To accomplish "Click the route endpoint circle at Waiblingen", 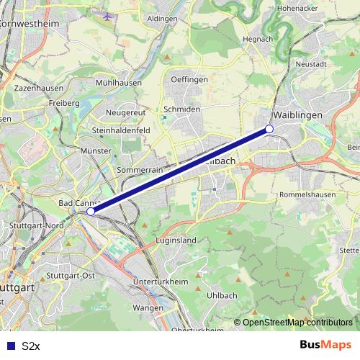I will coord(269,128).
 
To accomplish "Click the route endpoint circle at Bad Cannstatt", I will coord(91,212).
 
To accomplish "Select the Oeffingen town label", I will coord(190,79).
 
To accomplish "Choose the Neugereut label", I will coord(125,114).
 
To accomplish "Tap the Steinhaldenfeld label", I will coord(120,130).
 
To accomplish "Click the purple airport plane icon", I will coord(108,16).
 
